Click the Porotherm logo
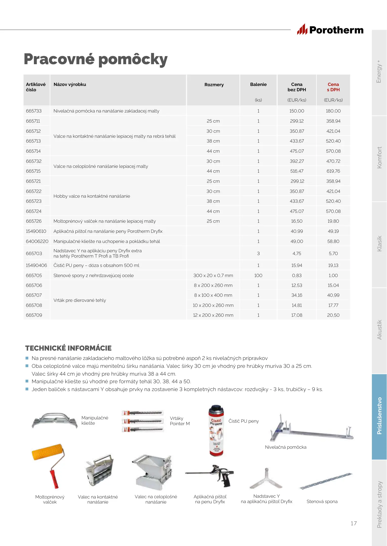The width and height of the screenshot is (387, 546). tap(330, 30)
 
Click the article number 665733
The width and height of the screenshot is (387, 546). tap(34, 111)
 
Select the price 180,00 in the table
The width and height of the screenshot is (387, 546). tap(333, 111)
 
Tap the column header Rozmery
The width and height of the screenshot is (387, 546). tap(214, 85)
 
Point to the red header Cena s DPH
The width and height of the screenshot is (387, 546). tap(333, 87)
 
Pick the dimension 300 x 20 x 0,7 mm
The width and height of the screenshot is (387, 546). tap(213, 276)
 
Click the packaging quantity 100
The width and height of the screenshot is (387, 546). tap(258, 276)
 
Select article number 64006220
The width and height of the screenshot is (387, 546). tap(37, 241)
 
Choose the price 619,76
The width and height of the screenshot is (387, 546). tap(333, 171)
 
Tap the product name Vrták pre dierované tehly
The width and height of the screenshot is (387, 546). tap(80, 300)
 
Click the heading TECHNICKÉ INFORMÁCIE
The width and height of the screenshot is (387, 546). tap(68, 348)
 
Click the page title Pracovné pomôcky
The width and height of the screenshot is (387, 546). tap(96, 59)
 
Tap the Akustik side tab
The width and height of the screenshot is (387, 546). tap(379, 330)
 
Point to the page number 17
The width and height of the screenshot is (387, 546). tap(354, 523)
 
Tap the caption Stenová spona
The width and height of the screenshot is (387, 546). tap(322, 502)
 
